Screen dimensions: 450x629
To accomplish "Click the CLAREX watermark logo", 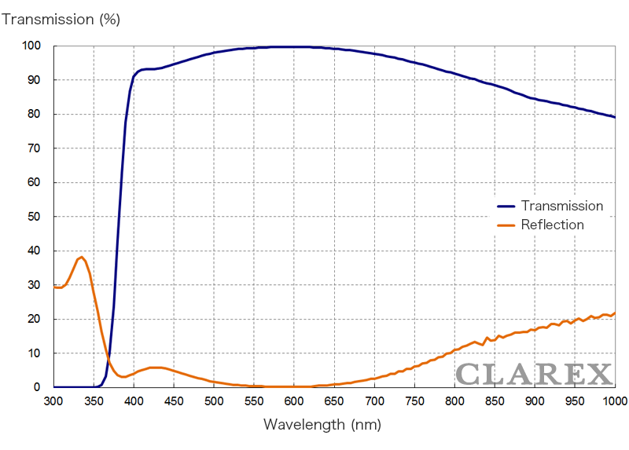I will tap(534, 374).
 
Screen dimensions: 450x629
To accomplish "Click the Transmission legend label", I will tap(562, 206).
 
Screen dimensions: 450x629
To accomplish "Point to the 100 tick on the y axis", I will tap(31, 46).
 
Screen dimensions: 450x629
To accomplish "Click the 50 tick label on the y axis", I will tap(34, 217).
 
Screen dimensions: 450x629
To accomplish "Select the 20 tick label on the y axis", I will tap(34, 319).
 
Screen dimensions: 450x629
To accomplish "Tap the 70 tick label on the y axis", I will tap(34, 148).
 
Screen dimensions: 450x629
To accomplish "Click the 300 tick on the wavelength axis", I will tap(53, 401).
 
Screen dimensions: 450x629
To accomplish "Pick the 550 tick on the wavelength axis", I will tap(254, 401).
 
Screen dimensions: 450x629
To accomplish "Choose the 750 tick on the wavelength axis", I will tap(414, 401).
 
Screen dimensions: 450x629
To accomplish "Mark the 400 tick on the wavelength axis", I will tap(134, 401).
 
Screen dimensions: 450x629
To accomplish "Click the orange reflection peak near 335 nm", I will tap(81, 257).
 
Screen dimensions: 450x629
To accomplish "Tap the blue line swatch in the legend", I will tap(506, 207).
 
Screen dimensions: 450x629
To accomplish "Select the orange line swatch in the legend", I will tap(506, 225).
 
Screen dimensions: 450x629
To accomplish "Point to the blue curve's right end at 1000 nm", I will tap(614, 117).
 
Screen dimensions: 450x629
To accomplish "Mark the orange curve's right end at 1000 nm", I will tap(614, 313).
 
